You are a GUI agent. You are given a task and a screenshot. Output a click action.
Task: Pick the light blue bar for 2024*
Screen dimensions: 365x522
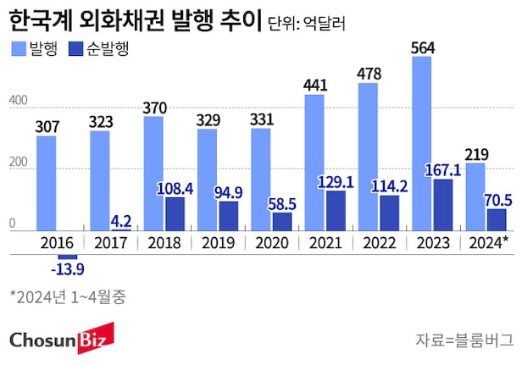pyautogui.click(x=475, y=196)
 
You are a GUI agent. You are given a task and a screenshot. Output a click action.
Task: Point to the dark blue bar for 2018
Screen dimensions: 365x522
pyautogui.click(x=175, y=213)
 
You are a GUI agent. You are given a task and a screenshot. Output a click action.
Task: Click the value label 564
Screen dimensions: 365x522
pyautogui.click(x=421, y=47)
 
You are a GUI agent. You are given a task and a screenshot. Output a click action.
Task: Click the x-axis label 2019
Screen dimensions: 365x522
pyautogui.click(x=218, y=242)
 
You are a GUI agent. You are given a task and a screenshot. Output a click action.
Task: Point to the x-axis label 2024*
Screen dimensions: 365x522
pyautogui.click(x=487, y=242)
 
